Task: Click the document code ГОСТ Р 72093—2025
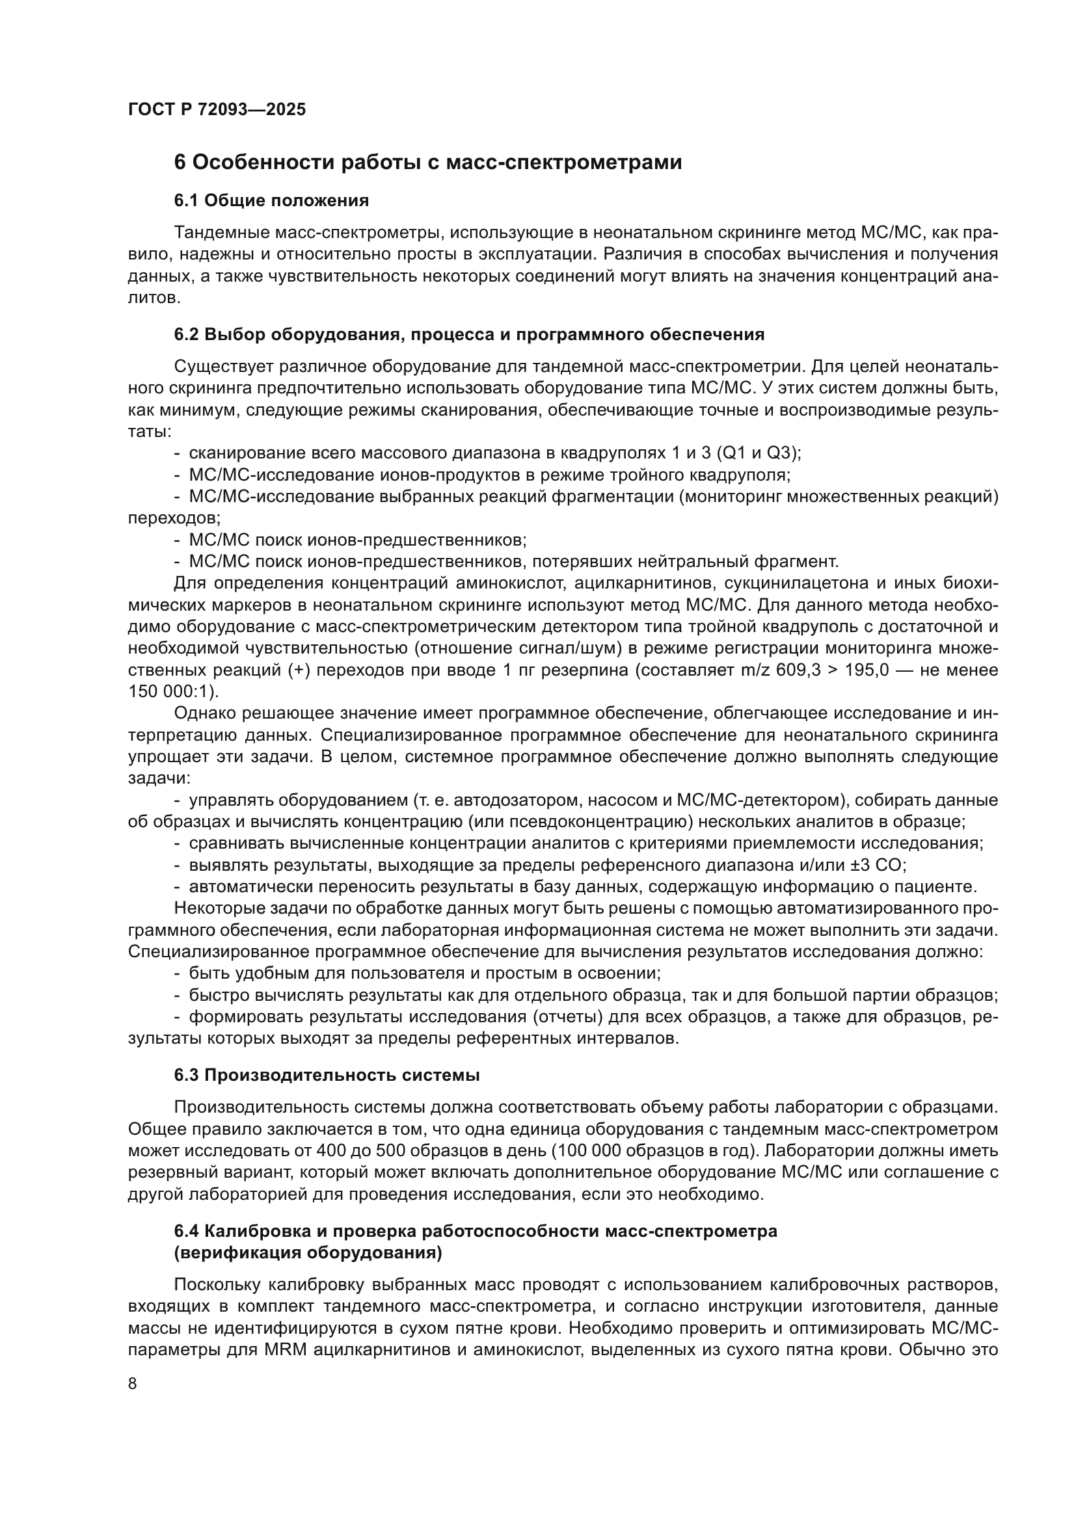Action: point(217,110)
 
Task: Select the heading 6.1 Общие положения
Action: point(272,200)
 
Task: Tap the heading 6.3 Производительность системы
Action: point(327,1075)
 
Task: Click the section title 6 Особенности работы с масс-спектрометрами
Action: point(427,163)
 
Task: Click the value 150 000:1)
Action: point(173,692)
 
